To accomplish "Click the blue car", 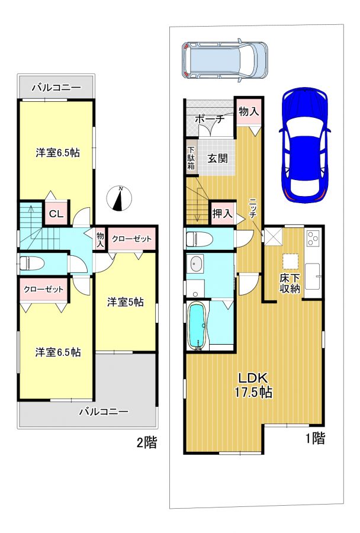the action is click(304, 145).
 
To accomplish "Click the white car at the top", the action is click(224, 60).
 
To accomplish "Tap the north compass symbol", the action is click(119, 198).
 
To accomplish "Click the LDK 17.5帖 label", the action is click(253, 385).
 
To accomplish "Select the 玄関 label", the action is click(217, 158).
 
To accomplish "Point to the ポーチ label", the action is click(210, 119).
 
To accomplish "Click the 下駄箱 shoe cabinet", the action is click(191, 158).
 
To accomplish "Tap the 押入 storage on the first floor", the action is click(222, 214).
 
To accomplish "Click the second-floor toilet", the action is click(31, 263).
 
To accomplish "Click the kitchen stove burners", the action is click(313, 238).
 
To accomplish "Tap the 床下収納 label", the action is click(290, 283).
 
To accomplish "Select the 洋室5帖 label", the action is click(126, 302).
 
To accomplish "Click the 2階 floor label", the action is click(147, 442).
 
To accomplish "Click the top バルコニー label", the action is click(56, 88).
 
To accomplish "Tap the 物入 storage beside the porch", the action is click(249, 112).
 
